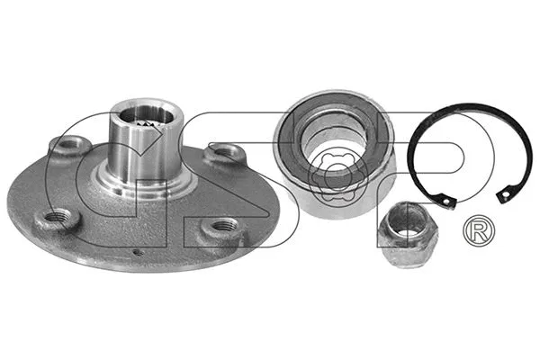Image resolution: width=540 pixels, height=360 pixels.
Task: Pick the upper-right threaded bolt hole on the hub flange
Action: click(220, 154)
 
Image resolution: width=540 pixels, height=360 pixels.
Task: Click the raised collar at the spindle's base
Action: click(142, 186)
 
